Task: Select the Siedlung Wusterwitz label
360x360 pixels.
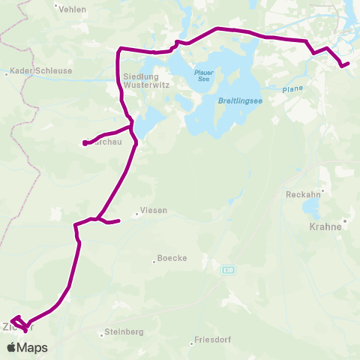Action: click(x=140, y=79)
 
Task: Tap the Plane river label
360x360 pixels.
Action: click(x=292, y=90)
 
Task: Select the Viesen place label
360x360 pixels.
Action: click(x=154, y=211)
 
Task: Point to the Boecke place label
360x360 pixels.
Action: click(x=172, y=259)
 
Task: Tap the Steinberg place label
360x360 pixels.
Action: click(x=124, y=331)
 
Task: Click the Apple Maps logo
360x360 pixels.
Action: click(x=27, y=347)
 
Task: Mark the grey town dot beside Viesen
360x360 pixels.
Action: click(x=137, y=214)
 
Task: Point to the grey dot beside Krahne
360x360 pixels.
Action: click(x=343, y=222)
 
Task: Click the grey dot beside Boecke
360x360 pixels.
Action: click(x=154, y=261)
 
